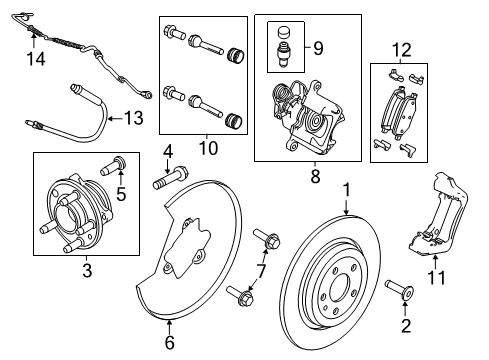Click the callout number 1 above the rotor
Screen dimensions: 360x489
(x=346, y=187)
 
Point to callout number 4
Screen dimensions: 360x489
(x=168, y=152)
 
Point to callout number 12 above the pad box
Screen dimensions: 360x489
(x=401, y=49)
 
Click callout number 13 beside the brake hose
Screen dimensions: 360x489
(x=134, y=118)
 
